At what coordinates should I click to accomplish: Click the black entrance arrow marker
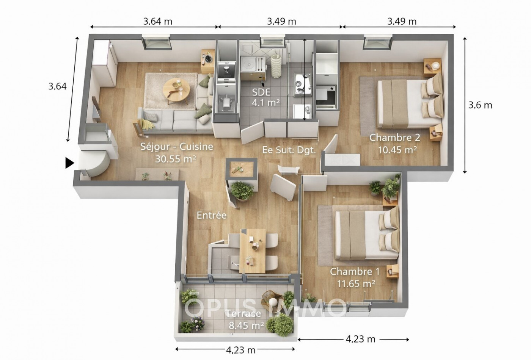click(x=69, y=163)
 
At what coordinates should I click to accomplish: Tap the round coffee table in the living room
click(x=176, y=90)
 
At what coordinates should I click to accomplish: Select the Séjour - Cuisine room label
click(x=176, y=152)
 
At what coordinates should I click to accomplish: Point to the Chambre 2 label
click(x=397, y=143)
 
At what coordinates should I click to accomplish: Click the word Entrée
click(x=211, y=215)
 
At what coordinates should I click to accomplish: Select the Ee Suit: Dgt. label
click(x=289, y=150)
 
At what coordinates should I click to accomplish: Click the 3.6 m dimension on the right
click(x=480, y=105)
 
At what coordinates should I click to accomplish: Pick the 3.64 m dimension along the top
click(x=158, y=21)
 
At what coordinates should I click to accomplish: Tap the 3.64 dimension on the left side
click(x=57, y=86)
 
